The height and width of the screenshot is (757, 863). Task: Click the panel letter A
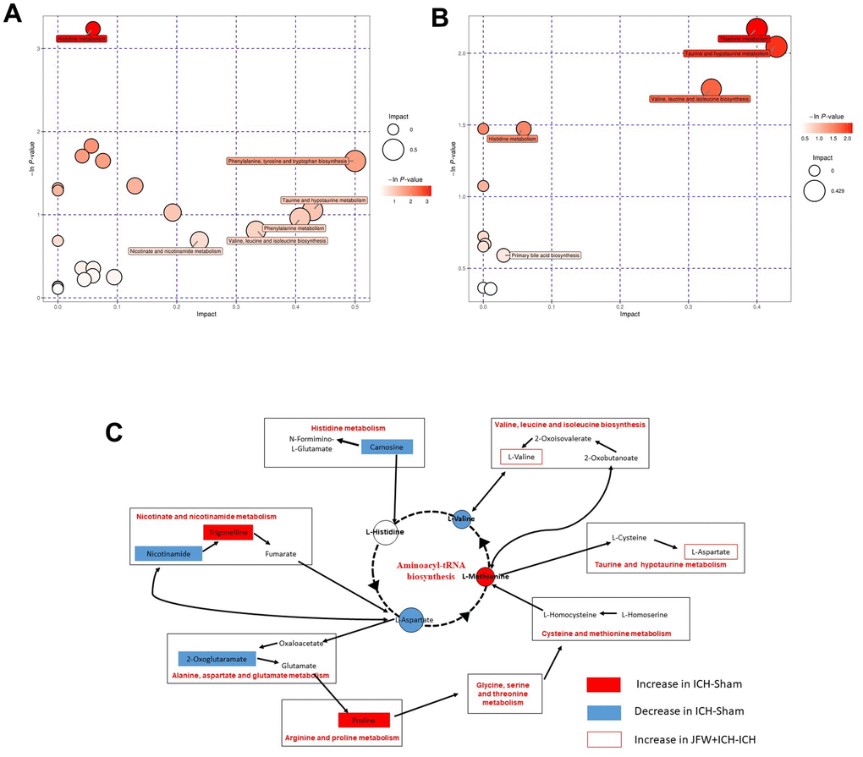click(x=14, y=17)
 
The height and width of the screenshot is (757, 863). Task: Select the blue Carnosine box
click(x=387, y=446)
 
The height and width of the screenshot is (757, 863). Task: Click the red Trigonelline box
click(x=228, y=533)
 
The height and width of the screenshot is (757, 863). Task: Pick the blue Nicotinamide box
click(x=168, y=553)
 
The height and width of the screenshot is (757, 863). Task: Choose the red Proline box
click(x=364, y=720)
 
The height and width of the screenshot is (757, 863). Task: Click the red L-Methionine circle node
click(x=484, y=576)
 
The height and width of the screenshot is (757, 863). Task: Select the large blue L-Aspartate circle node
click(x=411, y=619)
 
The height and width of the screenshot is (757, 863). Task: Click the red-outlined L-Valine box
click(x=520, y=457)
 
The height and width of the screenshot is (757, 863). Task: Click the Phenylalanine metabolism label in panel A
click(x=294, y=228)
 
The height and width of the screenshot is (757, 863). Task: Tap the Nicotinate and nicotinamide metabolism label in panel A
click(x=175, y=251)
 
